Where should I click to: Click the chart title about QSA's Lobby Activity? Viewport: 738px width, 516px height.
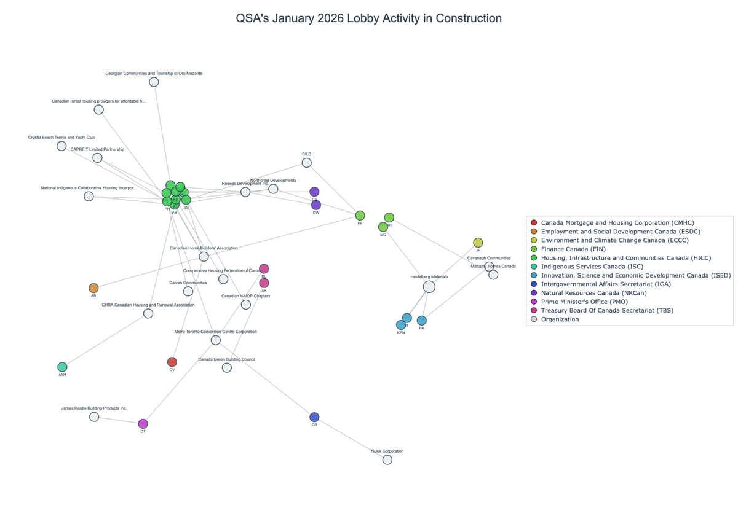point(368,18)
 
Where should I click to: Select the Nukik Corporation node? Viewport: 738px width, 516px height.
point(387,459)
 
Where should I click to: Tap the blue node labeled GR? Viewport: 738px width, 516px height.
point(314,417)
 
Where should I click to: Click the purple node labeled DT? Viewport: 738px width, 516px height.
point(143,424)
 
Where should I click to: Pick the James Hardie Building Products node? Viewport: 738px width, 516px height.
point(94,416)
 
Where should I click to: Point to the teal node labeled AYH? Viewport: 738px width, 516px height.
point(62,367)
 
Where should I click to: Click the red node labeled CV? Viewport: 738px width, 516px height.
point(172,362)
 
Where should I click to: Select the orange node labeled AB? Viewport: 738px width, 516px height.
point(93,288)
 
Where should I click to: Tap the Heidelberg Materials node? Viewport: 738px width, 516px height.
point(429,287)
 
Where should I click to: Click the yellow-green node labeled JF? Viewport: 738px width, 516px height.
point(478,243)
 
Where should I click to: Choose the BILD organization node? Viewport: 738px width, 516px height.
point(306,163)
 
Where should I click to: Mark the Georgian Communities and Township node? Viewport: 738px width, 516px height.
point(154,82)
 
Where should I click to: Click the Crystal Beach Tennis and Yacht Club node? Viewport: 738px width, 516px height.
point(61,146)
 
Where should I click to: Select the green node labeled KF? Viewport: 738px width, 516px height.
point(360,215)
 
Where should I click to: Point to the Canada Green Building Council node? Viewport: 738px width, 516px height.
point(226,367)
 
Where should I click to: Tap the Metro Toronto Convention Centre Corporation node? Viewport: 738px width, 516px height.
point(215,340)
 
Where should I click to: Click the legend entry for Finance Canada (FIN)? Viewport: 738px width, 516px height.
point(573,249)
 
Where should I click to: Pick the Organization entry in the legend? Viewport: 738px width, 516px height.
point(560,319)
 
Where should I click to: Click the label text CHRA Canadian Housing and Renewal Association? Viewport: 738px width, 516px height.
point(148,305)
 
